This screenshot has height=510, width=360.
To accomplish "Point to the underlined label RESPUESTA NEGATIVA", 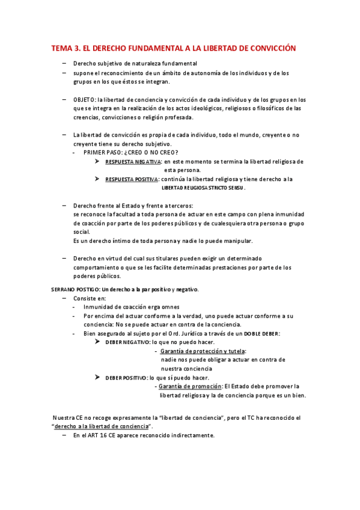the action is click(x=133, y=162).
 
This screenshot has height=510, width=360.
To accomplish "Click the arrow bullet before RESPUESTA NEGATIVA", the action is click(x=98, y=162).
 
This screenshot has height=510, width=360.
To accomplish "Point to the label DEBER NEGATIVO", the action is click(x=127, y=342).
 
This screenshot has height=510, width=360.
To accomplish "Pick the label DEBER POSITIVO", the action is click(x=126, y=377).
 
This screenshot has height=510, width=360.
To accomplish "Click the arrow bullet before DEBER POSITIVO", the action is click(x=98, y=377).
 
